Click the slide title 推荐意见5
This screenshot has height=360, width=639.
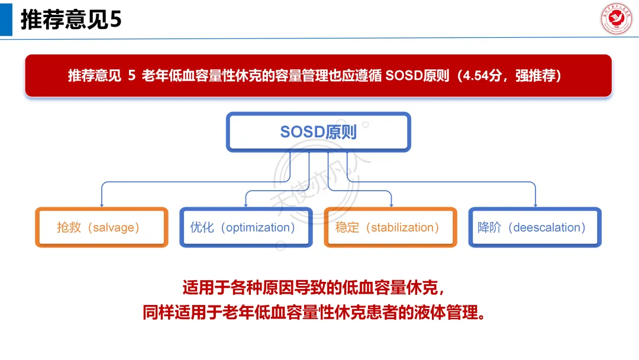click(x=71, y=20)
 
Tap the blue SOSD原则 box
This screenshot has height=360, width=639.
click(x=318, y=131)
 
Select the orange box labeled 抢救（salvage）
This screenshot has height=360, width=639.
click(x=101, y=227)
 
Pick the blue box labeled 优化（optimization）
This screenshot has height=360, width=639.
click(x=246, y=227)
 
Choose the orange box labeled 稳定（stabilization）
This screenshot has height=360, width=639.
click(x=390, y=227)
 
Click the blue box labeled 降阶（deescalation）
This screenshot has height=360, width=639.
click(x=535, y=227)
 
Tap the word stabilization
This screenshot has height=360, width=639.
click(x=402, y=228)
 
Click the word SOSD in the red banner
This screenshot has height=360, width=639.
click(x=404, y=76)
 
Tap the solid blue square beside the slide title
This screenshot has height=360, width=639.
click(x=6, y=20)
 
